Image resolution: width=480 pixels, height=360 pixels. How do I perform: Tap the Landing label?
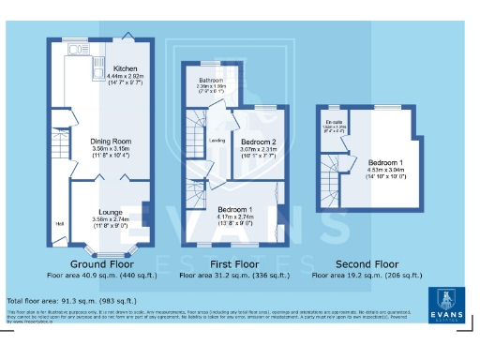coord(216,141)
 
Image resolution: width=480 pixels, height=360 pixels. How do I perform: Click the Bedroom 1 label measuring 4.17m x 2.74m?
coord(235,208)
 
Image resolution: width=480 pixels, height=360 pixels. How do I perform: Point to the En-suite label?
coord(334,122)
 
